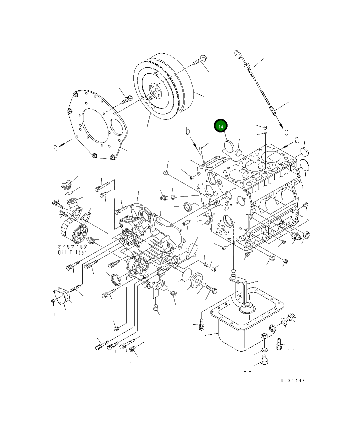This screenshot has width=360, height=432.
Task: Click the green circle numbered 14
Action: point(221,126)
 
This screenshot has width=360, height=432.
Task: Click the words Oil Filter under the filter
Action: point(72,252)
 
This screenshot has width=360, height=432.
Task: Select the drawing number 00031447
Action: point(291,380)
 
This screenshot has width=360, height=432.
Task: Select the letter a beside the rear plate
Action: point(55,147)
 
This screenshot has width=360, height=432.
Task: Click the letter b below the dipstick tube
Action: point(286,132)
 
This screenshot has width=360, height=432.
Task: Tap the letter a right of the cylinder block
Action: point(297,140)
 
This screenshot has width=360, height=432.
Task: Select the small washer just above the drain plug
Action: point(264,350)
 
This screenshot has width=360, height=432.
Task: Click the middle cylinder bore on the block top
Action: point(255,165)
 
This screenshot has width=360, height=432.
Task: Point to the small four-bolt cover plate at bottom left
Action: point(61,297)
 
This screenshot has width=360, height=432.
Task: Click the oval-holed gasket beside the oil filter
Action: point(86,216)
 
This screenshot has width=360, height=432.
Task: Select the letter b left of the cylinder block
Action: point(188,131)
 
